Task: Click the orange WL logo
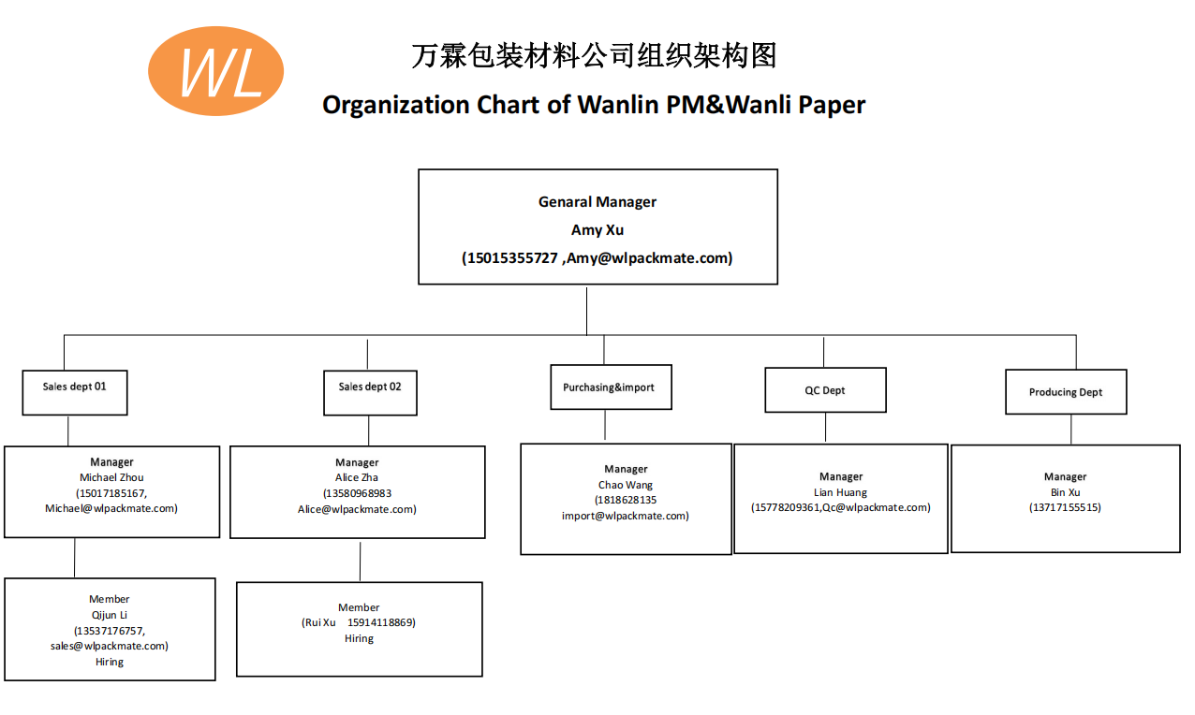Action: (216, 70)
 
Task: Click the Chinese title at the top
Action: (594, 56)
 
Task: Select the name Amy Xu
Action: (597, 230)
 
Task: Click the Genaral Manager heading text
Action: (597, 202)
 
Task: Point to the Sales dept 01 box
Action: (75, 392)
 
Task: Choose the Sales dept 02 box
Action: (370, 393)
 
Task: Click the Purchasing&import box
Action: (610, 387)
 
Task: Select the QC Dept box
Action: (825, 390)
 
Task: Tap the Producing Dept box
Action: (1066, 392)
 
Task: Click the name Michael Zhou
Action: (111, 477)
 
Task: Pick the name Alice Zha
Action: (357, 478)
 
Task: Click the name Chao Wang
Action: (626, 485)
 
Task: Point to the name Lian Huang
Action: (841, 492)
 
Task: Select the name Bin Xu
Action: (1066, 492)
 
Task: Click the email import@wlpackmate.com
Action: (625, 516)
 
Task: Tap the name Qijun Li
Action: (110, 615)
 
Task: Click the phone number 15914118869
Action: (380, 622)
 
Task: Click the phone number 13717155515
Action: (1066, 507)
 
